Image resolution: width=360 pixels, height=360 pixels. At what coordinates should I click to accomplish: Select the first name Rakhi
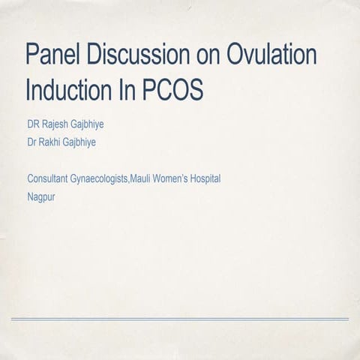(x=54, y=141)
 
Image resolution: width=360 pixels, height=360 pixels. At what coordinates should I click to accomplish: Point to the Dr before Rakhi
(x=32, y=141)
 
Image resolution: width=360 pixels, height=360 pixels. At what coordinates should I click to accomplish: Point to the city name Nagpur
(x=41, y=198)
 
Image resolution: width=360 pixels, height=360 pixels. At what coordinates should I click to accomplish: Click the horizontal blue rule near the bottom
(x=180, y=319)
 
